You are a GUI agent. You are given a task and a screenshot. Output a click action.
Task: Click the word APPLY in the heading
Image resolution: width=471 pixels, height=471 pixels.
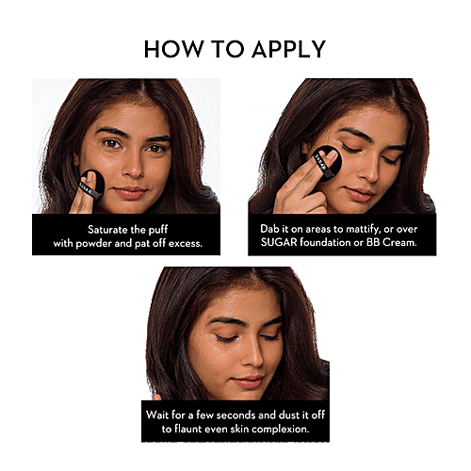(x=289, y=49)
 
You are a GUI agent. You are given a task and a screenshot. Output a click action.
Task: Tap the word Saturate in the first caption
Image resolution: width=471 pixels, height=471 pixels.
(x=107, y=230)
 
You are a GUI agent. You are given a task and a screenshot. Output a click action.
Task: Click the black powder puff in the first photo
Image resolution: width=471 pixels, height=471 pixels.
(x=92, y=186)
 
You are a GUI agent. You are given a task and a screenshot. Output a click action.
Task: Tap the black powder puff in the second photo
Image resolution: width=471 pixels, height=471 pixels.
(x=327, y=163)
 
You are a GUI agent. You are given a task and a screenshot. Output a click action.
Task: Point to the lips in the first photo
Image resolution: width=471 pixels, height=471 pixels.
(x=130, y=192)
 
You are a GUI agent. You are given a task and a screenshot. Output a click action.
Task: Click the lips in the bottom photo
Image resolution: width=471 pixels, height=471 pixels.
(x=247, y=382)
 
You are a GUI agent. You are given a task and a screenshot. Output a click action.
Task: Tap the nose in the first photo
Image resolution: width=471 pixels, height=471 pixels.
(x=133, y=165)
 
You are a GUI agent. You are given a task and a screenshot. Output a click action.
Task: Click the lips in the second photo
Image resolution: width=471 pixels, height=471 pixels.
(x=359, y=194)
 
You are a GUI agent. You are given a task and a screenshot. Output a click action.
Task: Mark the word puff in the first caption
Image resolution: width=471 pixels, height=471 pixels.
(x=158, y=230)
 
